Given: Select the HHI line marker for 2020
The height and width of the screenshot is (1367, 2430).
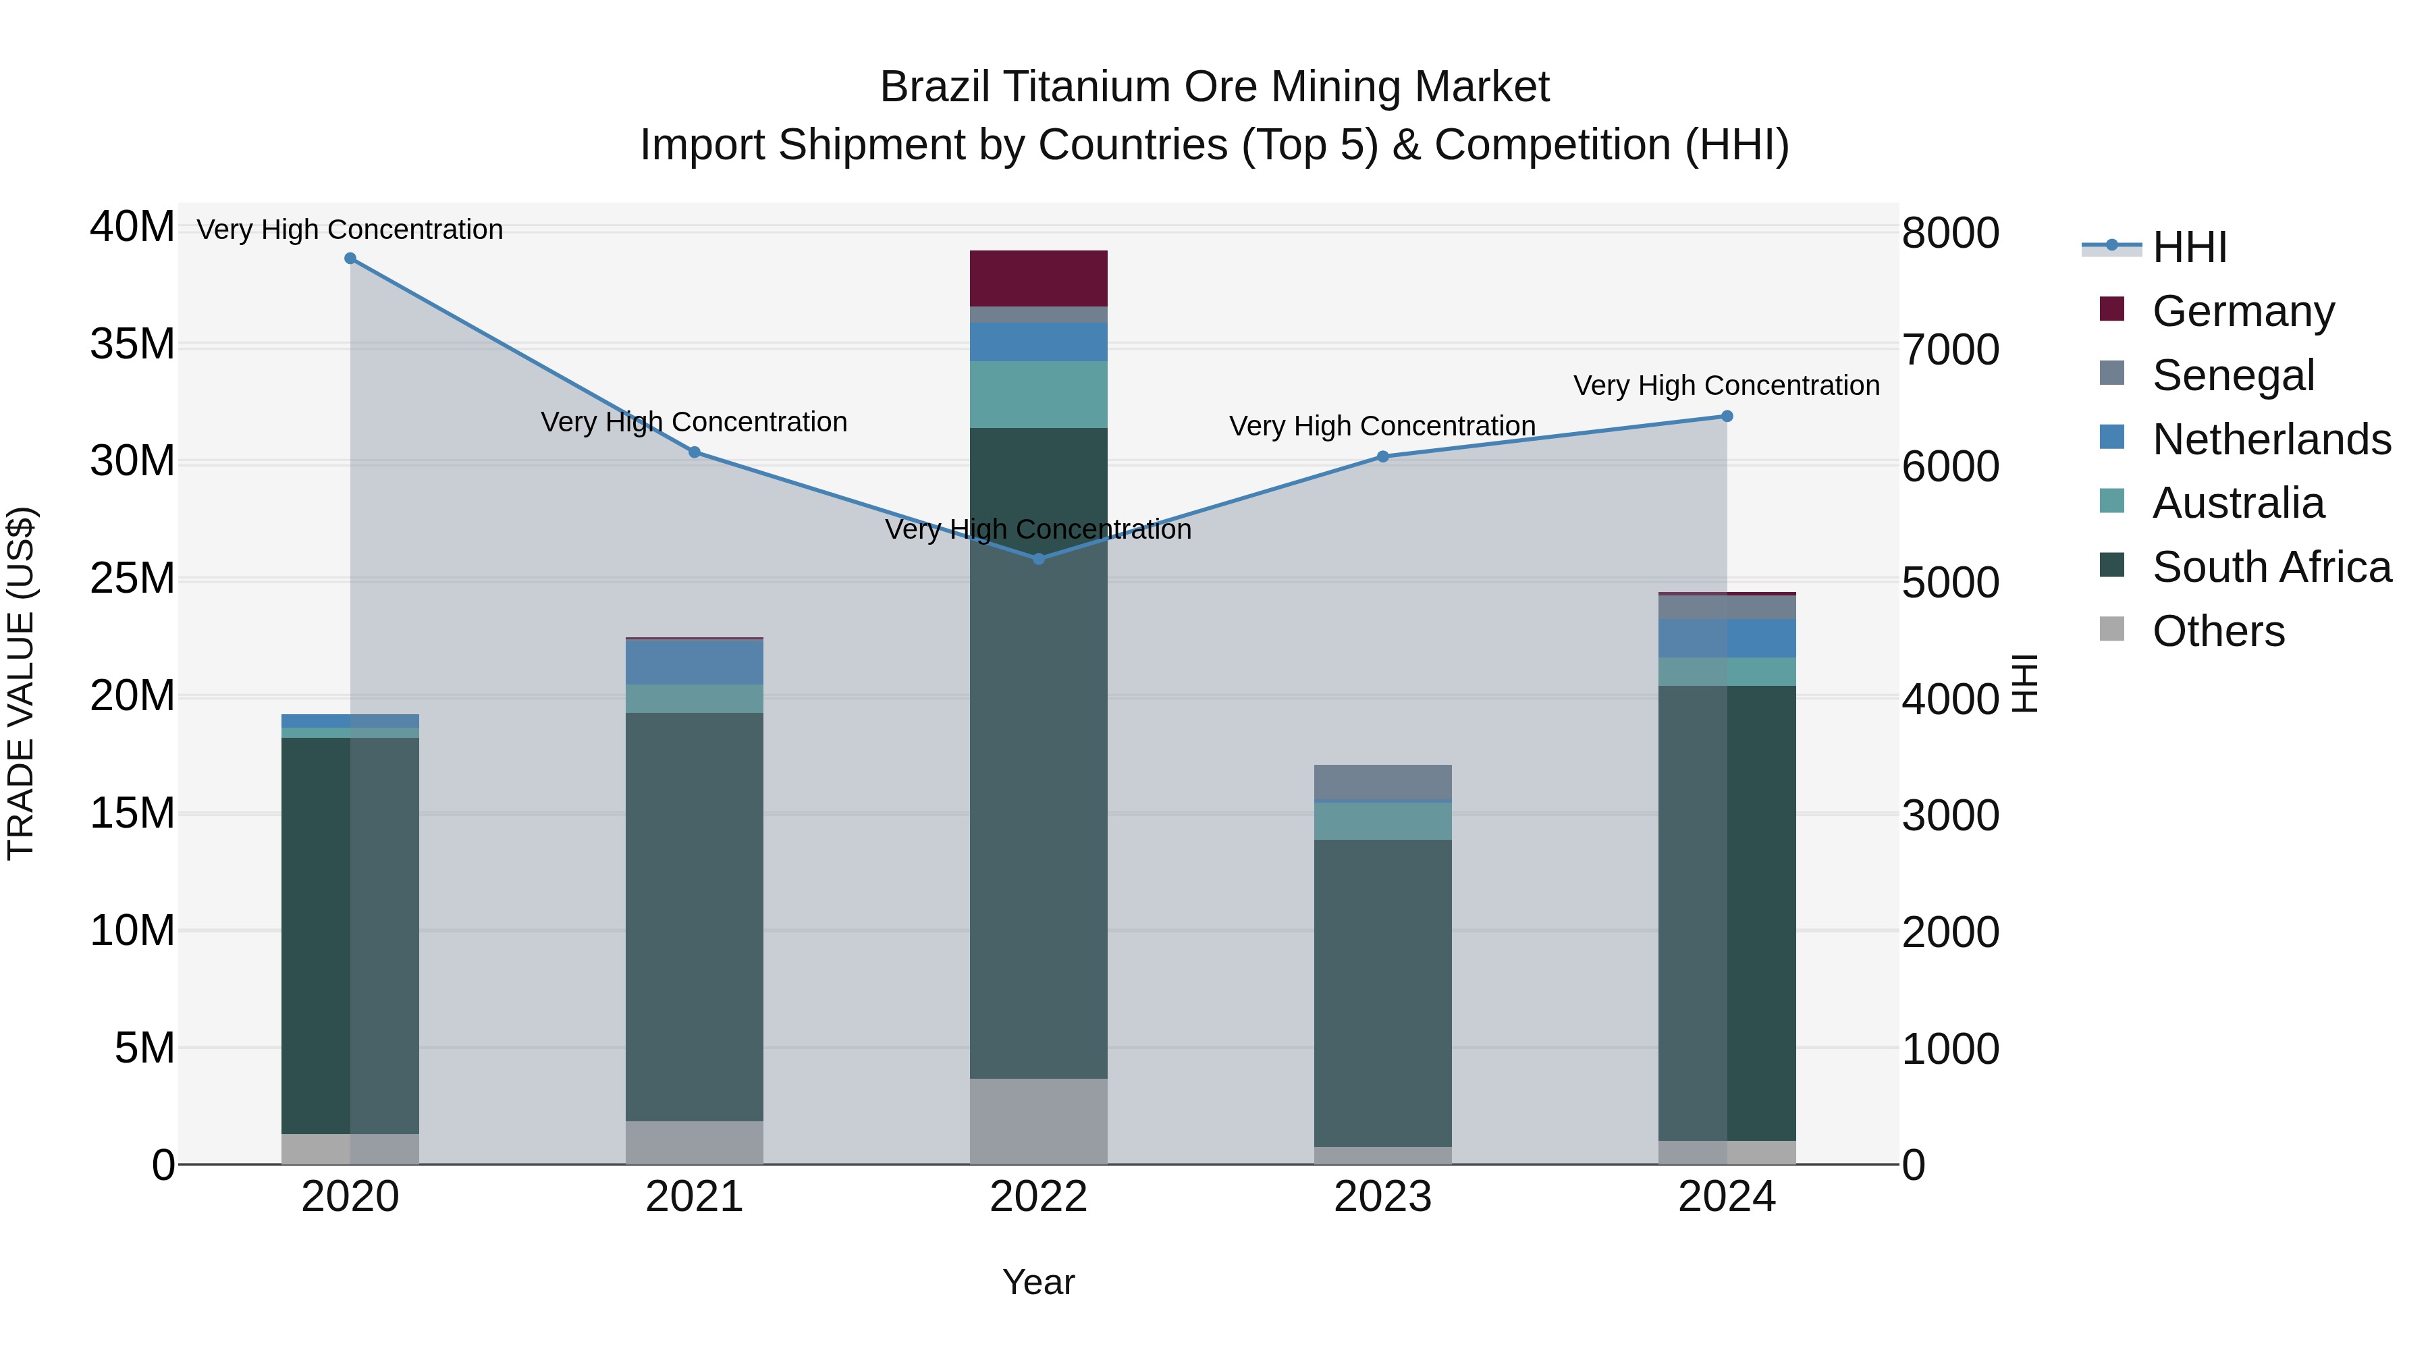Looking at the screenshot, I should [x=350, y=259].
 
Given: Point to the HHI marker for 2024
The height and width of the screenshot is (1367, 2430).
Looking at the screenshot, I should [x=1727, y=416].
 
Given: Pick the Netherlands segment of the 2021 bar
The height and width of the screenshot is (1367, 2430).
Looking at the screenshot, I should [x=695, y=662].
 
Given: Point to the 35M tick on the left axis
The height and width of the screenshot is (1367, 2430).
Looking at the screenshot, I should [x=132, y=344].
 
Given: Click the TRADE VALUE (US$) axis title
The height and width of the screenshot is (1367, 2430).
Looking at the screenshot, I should [x=21, y=683].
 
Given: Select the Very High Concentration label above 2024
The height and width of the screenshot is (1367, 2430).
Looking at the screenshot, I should [x=1726, y=386].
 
